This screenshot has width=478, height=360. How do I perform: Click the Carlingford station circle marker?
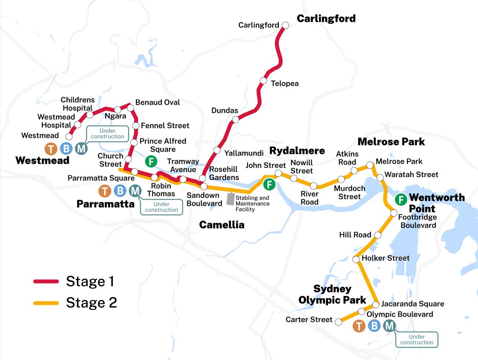[x=285, y=25]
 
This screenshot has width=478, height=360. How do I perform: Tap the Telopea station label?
[x=285, y=83]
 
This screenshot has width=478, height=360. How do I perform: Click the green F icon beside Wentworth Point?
[x=401, y=199]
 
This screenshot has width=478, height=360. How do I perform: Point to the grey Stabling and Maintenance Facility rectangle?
[x=230, y=200]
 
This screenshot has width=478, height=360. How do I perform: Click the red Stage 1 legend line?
[x=46, y=281]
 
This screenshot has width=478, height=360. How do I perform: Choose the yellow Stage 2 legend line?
[x=46, y=303]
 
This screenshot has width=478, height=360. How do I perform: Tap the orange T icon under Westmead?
[x=51, y=149]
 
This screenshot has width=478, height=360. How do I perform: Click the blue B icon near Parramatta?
[x=120, y=191]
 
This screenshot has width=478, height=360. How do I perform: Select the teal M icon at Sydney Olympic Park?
[x=389, y=326]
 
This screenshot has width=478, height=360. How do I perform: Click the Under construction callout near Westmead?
[x=107, y=133]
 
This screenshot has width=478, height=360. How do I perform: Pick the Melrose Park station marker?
[x=370, y=165]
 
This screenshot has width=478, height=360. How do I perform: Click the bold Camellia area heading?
[x=221, y=225]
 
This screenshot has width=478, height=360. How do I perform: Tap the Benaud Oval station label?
[x=157, y=103]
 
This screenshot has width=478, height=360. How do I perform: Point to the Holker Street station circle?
[x=357, y=259]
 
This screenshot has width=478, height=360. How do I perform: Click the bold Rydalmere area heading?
[x=296, y=151]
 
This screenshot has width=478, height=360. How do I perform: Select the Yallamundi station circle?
[x=217, y=150]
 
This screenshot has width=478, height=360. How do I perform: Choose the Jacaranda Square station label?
[x=413, y=304]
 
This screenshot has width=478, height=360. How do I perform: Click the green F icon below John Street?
[x=269, y=184]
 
